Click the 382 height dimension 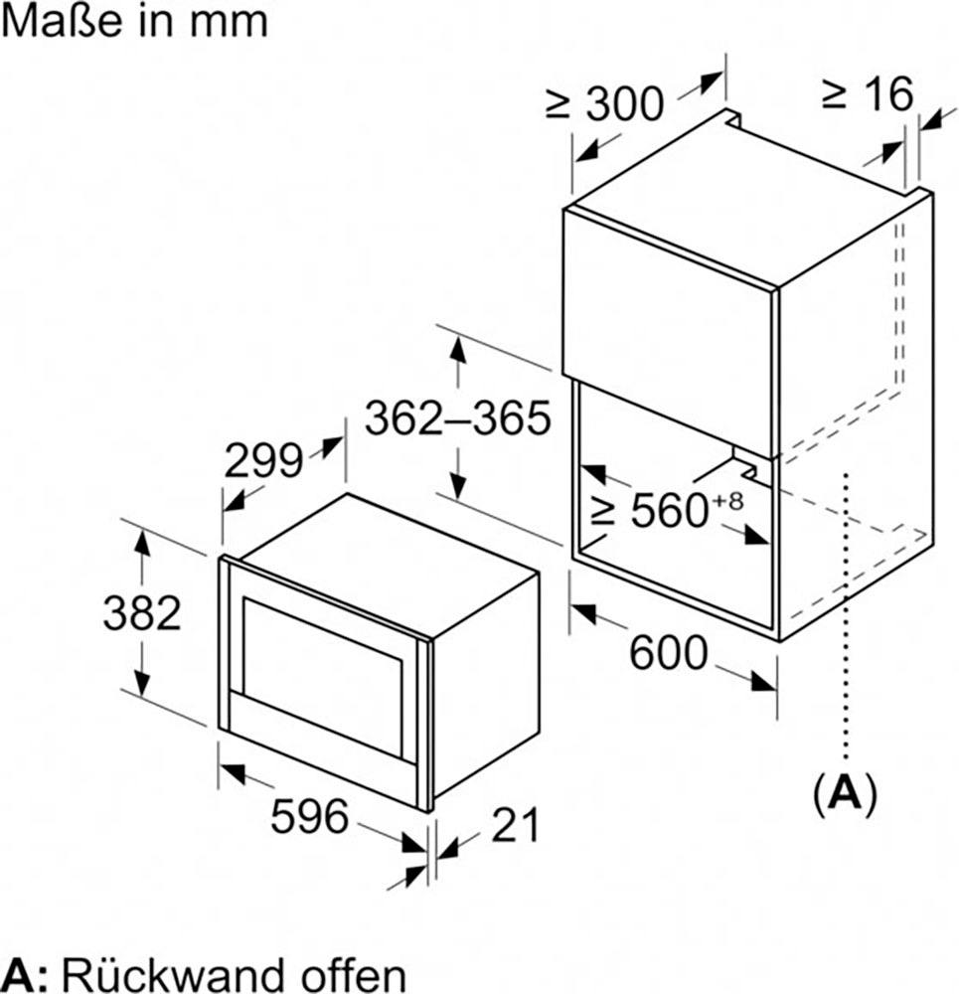pos(142,613)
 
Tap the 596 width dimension pos(311,817)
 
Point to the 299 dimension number pos(262,460)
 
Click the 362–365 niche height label pos(457,418)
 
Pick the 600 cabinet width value pos(669,653)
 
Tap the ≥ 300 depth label pos(605,103)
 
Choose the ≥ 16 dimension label pos(867,94)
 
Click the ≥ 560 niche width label pos(651,511)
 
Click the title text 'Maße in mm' pos(134,21)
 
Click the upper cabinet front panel pos(666,298)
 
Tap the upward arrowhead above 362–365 pos(457,350)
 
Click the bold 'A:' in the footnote pos(27,972)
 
